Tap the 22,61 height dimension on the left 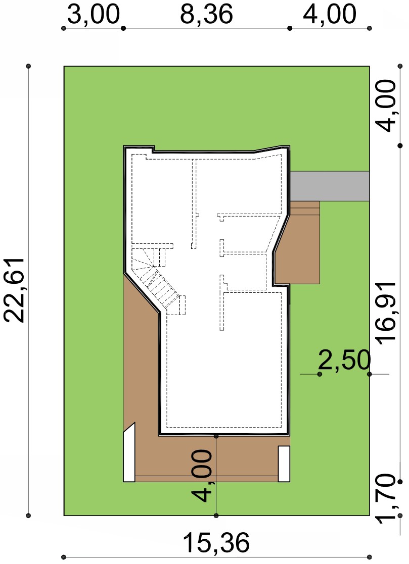click(14, 289)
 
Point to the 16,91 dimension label click(386, 314)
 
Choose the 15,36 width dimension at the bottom click(216, 543)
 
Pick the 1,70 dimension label click(386, 499)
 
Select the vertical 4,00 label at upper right click(386, 106)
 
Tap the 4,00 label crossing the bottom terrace click(202, 475)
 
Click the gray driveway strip click(330, 186)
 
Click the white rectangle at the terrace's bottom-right click(284, 464)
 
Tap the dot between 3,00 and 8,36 click(123, 28)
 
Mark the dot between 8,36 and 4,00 click(290, 28)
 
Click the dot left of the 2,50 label click(320, 375)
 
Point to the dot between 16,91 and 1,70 click(400, 482)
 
